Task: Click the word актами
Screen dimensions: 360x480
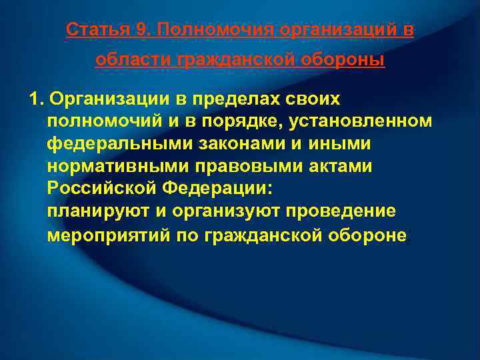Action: [x=338, y=167]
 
